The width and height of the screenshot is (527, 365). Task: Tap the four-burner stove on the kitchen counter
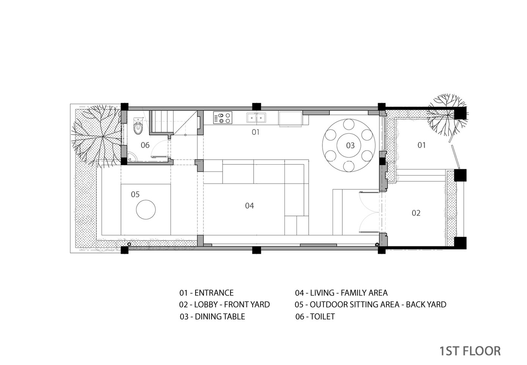click(223, 118)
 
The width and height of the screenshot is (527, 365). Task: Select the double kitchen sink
click(256, 118)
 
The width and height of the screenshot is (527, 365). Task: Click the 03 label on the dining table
click(350, 146)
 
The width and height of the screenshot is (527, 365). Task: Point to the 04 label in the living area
click(249, 206)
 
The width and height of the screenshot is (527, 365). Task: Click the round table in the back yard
click(146, 209)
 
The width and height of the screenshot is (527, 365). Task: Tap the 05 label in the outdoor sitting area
click(135, 194)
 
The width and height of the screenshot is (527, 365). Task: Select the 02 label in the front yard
click(416, 213)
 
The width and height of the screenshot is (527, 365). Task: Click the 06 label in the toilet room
click(145, 145)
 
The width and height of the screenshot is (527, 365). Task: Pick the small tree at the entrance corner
click(447, 115)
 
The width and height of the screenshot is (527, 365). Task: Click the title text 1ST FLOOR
click(470, 351)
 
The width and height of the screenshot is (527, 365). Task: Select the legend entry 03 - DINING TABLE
click(212, 316)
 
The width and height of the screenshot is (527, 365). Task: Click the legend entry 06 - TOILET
click(315, 316)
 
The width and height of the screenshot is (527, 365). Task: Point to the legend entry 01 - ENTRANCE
click(206, 293)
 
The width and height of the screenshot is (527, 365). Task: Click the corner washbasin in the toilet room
click(131, 157)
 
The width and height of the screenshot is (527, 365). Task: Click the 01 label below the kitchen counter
click(256, 132)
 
